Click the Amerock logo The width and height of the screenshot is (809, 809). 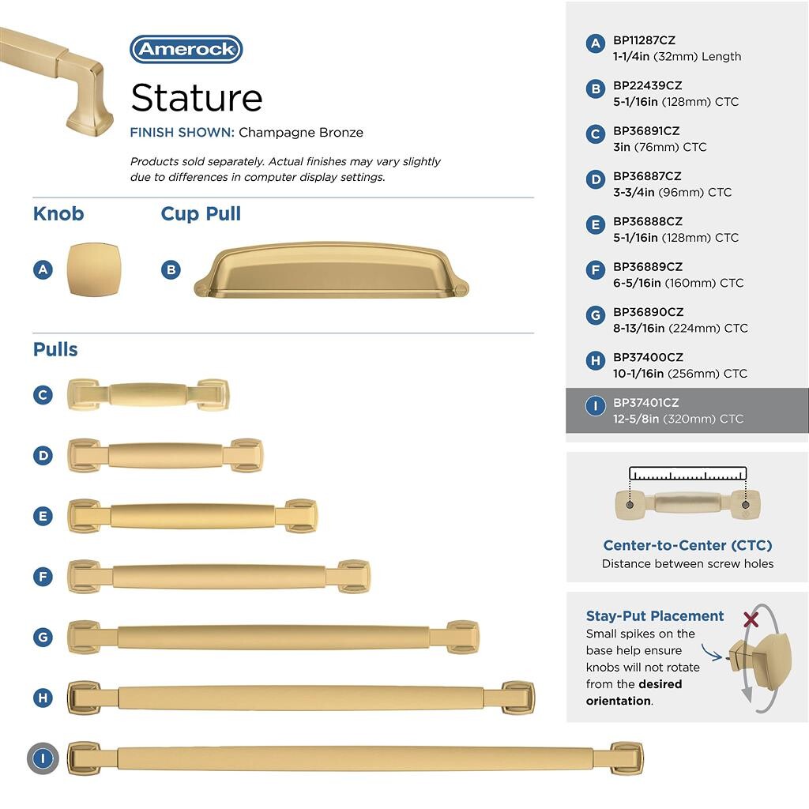(x=186, y=49)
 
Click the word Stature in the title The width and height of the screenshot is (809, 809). (x=197, y=97)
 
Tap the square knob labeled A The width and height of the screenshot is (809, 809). (x=93, y=269)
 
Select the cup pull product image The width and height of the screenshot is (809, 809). (x=331, y=270)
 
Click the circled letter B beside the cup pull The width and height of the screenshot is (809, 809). (x=171, y=270)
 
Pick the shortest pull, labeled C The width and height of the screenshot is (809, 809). (x=148, y=395)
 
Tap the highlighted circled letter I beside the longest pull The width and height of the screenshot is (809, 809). (x=43, y=758)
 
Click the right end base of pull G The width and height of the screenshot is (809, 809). (x=463, y=638)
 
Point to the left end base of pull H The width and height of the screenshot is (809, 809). (x=84, y=698)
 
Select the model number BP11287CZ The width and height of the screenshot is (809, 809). (x=644, y=40)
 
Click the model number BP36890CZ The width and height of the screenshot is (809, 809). (x=648, y=312)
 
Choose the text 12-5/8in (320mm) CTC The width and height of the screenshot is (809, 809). (x=678, y=419)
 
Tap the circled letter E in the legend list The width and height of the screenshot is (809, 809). (x=596, y=225)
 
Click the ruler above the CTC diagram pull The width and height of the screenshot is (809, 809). (x=688, y=473)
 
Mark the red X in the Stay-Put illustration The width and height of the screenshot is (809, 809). (x=751, y=619)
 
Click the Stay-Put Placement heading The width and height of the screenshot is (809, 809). (x=655, y=616)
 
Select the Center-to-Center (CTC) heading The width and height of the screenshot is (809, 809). (x=688, y=545)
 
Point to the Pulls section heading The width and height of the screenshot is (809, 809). (x=55, y=349)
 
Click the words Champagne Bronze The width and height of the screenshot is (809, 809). (x=301, y=133)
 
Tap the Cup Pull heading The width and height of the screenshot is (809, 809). (x=201, y=213)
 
